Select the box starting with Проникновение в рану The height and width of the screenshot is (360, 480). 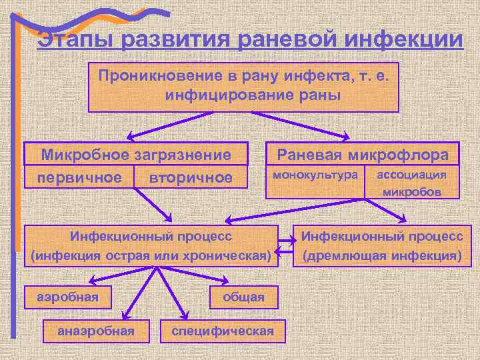[x=243, y=87]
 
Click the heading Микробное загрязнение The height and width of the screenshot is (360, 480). [x=136, y=155]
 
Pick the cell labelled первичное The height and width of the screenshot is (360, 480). [x=79, y=177]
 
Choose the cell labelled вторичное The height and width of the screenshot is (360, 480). [x=191, y=177]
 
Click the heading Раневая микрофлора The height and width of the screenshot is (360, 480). [x=363, y=155]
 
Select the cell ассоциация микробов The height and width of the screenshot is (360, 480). [x=411, y=183]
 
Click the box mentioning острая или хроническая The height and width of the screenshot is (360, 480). [x=151, y=245]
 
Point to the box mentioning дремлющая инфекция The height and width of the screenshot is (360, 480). [x=382, y=245]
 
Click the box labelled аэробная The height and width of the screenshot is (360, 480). [x=67, y=297]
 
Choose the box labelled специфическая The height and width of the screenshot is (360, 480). [x=223, y=330]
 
